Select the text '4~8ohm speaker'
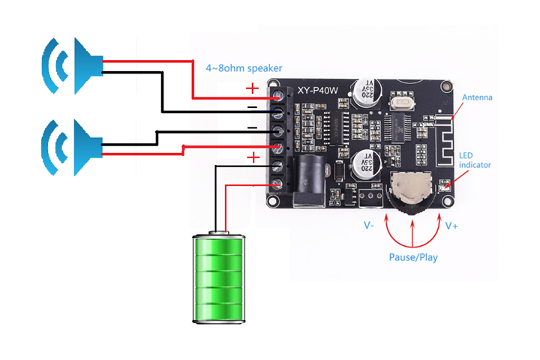pyautogui.click(x=244, y=68)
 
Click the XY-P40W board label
pyautogui.click(x=318, y=90)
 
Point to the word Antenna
pyautogui.click(x=477, y=97)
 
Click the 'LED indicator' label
pyautogui.click(x=475, y=160)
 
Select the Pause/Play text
pyautogui.click(x=413, y=257)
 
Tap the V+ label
pyautogui.click(x=452, y=225)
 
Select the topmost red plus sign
pyautogui.click(x=252, y=88)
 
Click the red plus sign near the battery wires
pyautogui.click(x=253, y=157)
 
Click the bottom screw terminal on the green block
pyautogui.click(x=278, y=184)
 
